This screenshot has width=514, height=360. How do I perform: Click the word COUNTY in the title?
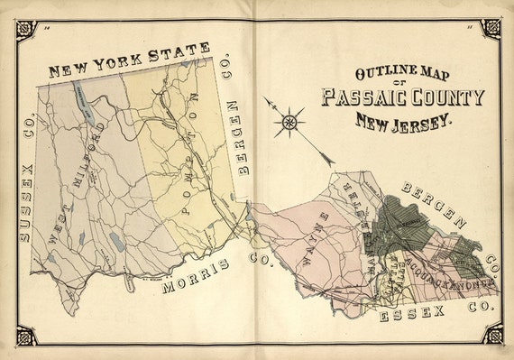(446, 97)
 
